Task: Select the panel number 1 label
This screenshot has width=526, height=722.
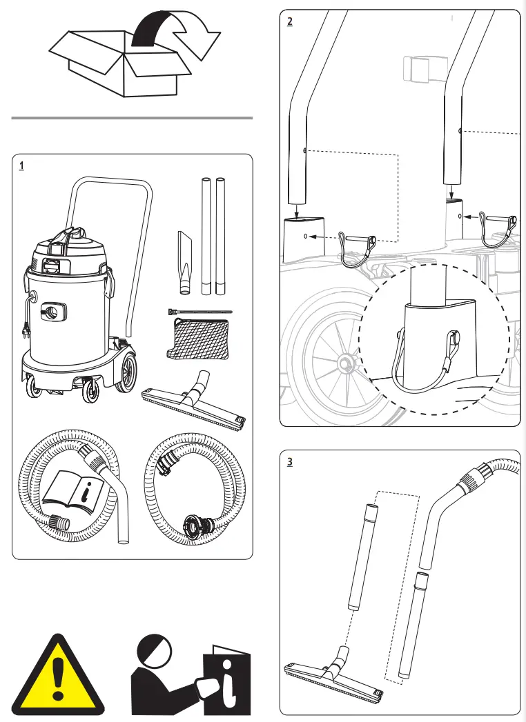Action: (22, 166)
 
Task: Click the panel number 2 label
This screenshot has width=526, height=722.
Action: (290, 21)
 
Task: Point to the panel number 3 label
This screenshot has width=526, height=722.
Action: (290, 462)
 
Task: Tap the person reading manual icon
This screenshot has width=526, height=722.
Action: (190, 676)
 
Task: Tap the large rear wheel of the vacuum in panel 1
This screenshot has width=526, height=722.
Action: (127, 373)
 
